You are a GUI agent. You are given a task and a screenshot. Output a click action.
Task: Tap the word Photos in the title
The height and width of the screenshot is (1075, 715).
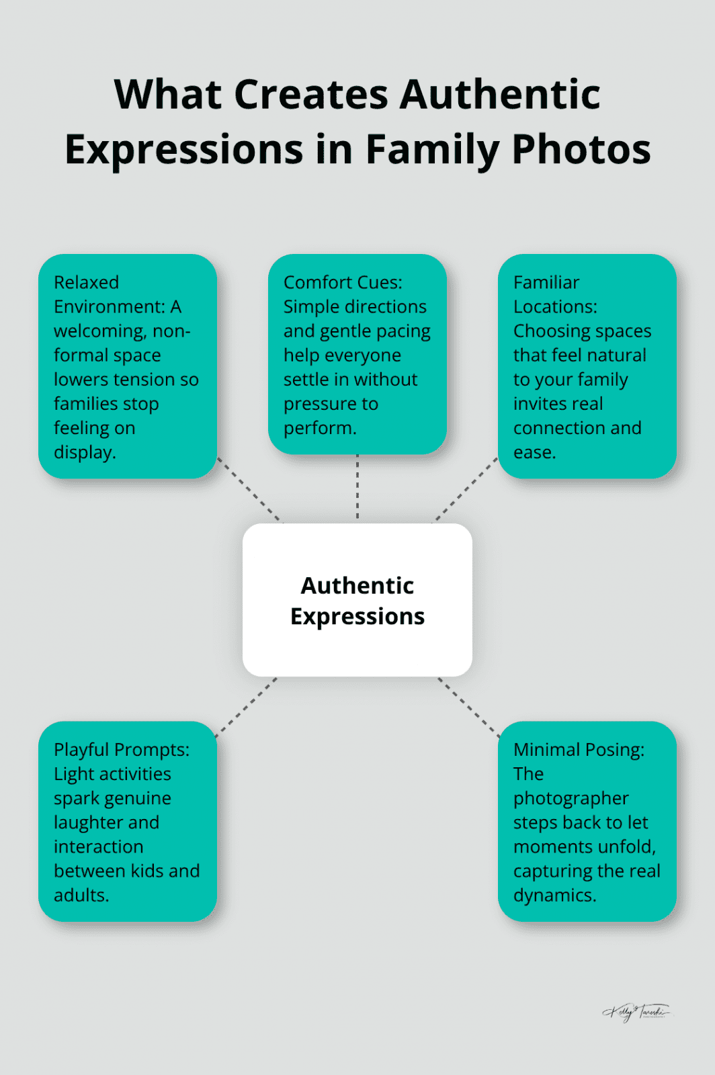pos(581,149)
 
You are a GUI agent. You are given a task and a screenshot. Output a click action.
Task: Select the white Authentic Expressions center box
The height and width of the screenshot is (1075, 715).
pos(357,600)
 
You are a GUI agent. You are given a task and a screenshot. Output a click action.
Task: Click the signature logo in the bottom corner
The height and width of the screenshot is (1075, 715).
pos(636,1012)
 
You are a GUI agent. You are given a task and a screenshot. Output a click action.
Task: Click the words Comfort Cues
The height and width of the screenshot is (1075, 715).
pos(342,282)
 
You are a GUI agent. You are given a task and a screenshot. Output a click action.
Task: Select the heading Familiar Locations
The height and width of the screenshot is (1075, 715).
pos(554,294)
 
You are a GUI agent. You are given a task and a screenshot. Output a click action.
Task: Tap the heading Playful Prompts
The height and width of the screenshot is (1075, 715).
pos(121,750)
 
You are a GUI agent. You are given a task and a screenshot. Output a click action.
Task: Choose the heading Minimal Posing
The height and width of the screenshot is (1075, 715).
pos(578,750)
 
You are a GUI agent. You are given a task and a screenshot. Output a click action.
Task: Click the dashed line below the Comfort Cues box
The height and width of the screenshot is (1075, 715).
pos(357,488)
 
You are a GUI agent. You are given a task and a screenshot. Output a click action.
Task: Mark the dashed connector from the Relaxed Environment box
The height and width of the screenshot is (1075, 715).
pos(249,490)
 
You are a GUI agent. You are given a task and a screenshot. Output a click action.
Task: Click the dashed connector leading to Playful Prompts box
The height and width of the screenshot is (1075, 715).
pos(246,707)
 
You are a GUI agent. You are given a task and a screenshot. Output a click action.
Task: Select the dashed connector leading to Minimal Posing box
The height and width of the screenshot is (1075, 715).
pos(468,707)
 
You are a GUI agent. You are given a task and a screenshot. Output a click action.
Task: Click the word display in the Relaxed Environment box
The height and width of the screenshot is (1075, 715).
pos(84,453)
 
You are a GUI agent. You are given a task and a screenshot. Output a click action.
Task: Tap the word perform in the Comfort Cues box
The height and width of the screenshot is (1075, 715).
pos(319,428)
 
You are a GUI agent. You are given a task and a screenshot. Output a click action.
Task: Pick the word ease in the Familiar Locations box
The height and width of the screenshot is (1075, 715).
pos(534,453)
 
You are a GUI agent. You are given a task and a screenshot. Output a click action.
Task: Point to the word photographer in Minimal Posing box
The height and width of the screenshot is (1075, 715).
pos(571,798)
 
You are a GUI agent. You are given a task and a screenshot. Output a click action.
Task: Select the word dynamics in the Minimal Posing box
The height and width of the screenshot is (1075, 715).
pos(554,896)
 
